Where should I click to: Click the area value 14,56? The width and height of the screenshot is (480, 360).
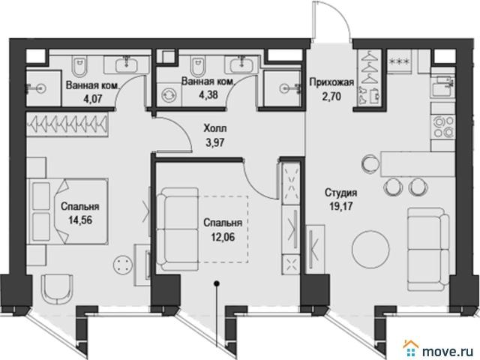coord(80,220)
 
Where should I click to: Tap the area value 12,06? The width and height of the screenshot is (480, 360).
coord(223,236)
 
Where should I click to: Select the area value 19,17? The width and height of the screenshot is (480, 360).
coord(340,206)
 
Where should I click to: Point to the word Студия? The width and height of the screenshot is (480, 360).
coord(340,193)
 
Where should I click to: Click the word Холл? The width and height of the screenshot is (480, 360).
coord(215,128)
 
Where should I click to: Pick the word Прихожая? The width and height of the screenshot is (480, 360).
coord(331,82)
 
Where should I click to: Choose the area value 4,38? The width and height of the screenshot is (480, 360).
coord(208,94)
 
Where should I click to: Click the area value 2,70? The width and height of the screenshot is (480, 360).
coord(331,96)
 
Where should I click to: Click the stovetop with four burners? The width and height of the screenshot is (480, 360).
coord(442,127)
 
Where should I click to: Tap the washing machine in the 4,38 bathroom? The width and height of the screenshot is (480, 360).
coord(169,94)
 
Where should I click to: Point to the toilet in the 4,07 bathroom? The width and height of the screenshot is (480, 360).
coord(79,67)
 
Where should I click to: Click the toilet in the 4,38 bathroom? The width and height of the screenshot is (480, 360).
coord(196,66)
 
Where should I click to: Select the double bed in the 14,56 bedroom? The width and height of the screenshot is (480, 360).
coord(67,211)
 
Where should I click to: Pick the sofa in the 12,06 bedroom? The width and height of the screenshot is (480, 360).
coord(178,229)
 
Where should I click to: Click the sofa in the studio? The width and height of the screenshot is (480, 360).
coord(428,249)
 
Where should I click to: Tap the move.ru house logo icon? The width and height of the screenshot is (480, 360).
coord(410,348)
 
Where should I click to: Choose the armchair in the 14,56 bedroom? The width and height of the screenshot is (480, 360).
coord(57,288)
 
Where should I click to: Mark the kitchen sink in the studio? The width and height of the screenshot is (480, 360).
coord(442,83)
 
